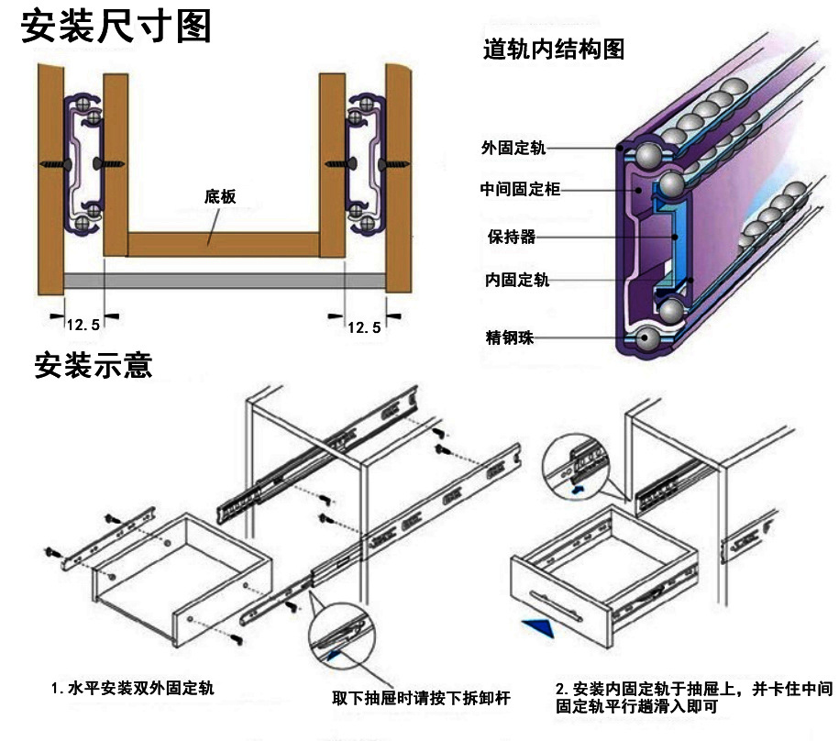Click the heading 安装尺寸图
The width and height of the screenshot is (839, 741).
tap(116, 28)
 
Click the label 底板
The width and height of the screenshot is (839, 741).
tap(220, 196)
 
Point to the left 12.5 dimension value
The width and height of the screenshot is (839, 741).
tap(83, 326)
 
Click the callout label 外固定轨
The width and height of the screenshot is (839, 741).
tap(513, 148)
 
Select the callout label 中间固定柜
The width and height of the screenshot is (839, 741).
tap(519, 190)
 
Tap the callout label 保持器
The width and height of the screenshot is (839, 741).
tap(512, 237)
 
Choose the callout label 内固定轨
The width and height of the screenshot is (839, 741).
tap(517, 281)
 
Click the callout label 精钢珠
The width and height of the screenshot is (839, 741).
tap(510, 337)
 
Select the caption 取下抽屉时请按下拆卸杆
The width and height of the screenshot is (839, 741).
tap(421, 699)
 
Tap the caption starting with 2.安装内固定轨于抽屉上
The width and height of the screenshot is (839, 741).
tap(693, 697)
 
